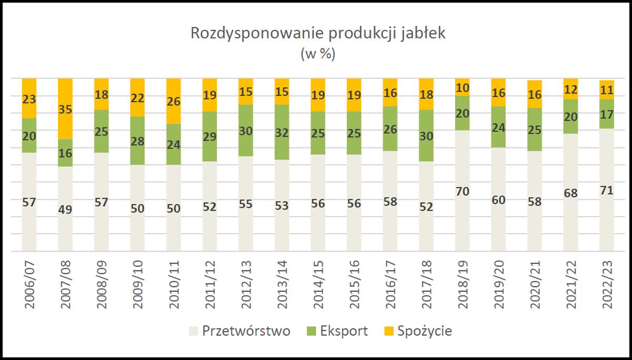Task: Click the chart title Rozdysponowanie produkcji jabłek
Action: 318,34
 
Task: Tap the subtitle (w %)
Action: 318,54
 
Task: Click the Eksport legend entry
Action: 337,331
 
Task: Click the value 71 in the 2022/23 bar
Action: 607,191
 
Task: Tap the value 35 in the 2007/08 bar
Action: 65,110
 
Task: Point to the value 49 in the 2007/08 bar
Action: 65,209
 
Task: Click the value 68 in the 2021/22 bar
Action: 571,193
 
